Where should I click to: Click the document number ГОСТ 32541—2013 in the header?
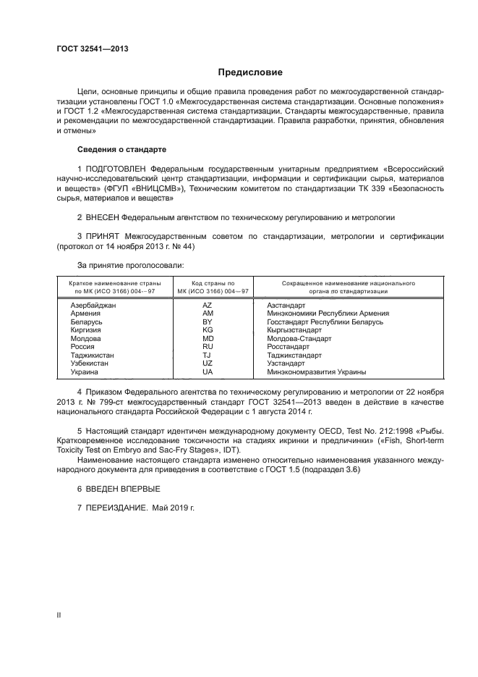coord(93,49)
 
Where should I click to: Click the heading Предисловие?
coord(250,72)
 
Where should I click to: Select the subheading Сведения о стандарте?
coord(121,149)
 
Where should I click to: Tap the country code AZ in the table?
coord(208,306)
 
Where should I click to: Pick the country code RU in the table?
coord(208,347)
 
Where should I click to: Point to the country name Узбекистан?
coord(90,363)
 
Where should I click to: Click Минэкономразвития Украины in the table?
coord(316,372)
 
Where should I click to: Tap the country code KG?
coord(208,330)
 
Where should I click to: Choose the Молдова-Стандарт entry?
coord(299,339)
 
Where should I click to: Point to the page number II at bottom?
coord(59,615)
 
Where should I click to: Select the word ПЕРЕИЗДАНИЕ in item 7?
coord(116,508)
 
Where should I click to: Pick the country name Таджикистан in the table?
coord(92,356)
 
